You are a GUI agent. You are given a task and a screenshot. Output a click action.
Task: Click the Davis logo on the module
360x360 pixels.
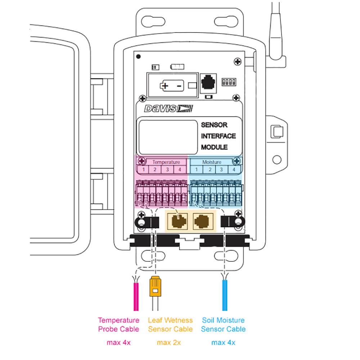(168, 108)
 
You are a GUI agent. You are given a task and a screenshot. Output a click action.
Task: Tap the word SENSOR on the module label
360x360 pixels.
(214, 125)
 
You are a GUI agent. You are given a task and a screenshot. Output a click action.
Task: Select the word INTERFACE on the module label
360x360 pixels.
(219, 136)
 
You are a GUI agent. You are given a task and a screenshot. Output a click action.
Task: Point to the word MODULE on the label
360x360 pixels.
(214, 147)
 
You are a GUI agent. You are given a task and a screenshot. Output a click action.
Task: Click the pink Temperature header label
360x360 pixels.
(166, 162)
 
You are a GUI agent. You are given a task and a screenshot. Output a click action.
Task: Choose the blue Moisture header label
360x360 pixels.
(212, 162)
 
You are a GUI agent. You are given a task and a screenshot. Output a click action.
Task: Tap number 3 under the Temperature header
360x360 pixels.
(167, 170)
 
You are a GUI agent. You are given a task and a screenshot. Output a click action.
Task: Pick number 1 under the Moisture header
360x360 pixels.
(196, 170)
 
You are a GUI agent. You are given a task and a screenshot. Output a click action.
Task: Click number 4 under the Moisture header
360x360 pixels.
(234, 170)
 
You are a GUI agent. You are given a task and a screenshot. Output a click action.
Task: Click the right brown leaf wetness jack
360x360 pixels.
(202, 221)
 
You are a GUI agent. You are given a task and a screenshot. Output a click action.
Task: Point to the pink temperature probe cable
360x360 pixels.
(136, 297)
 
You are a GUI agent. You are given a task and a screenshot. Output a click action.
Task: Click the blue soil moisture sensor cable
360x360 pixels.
(225, 297)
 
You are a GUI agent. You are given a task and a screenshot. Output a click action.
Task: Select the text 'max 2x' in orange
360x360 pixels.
(169, 342)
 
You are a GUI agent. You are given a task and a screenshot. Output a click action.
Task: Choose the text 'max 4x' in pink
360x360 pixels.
(118, 342)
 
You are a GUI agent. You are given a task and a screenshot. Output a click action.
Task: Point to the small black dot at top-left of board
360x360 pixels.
(138, 56)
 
